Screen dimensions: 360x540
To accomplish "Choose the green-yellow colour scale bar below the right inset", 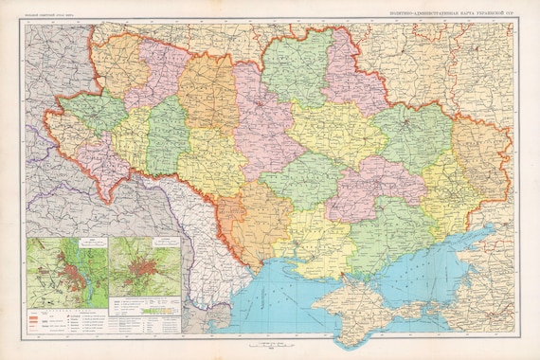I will point(157,309).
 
